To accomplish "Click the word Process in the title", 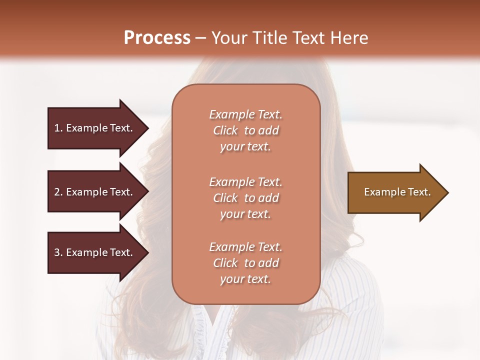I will coord(157,38).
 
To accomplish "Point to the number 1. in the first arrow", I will coord(58,128).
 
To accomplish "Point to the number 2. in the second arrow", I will coord(58,192).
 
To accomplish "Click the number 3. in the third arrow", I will coord(58,252).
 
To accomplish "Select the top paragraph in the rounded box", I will coord(245,130).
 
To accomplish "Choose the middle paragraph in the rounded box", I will coord(245,198).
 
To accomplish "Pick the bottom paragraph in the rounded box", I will coord(245,263).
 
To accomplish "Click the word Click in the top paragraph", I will coord(225,130).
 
